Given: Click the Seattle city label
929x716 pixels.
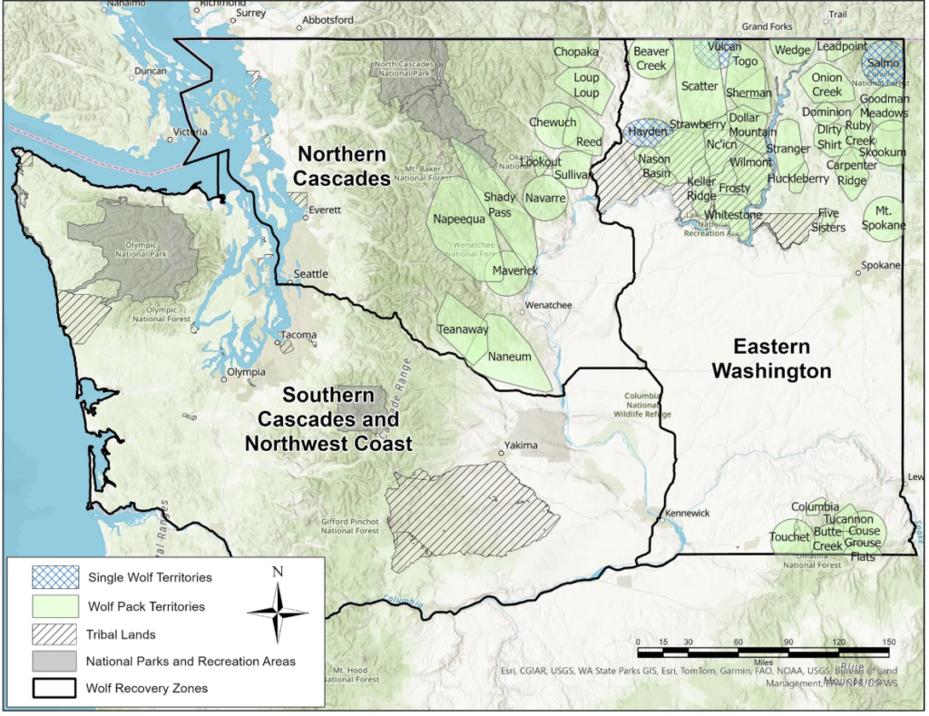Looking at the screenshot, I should point(311,274).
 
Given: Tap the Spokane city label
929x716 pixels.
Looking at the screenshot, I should point(881,265).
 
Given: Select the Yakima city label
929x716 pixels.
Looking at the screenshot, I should point(523,446).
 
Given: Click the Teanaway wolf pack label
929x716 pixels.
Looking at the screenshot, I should point(464,330).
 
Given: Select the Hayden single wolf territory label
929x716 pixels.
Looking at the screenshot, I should point(647,132).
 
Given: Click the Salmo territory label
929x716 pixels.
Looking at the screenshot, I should point(883,64).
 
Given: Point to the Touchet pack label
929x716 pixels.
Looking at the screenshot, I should point(788,537).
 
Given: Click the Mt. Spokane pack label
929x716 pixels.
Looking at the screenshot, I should point(884,218).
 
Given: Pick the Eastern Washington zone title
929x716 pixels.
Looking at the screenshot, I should point(771,358).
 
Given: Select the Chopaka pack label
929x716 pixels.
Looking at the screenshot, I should point(576,52).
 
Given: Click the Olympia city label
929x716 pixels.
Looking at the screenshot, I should point(246,372).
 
